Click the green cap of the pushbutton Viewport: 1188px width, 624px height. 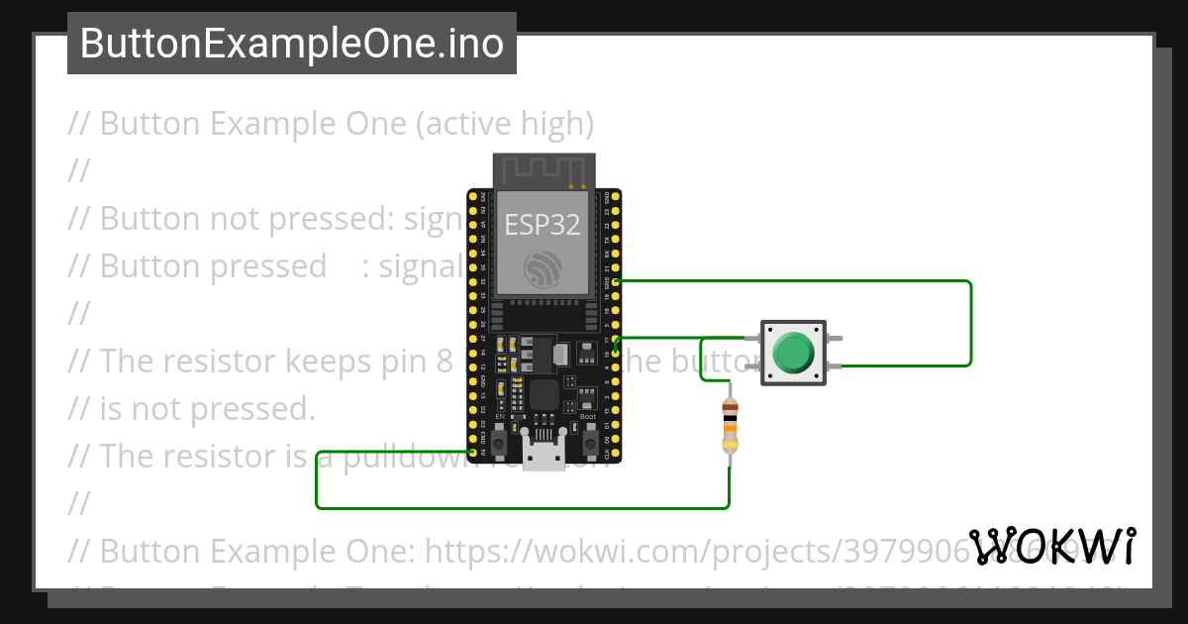tap(792, 352)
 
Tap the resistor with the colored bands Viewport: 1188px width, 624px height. tap(730, 426)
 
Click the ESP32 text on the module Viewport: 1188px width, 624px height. tap(543, 225)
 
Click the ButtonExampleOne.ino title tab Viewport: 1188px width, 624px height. tap(292, 44)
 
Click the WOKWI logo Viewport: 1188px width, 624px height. tap(1052, 547)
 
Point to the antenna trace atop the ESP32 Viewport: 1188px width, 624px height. tap(543, 171)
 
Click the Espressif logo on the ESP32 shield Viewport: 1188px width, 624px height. tap(543, 269)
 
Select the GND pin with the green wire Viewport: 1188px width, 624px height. tap(616, 281)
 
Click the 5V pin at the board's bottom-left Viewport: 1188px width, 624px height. tap(471, 453)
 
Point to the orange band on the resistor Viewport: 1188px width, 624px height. tap(730, 433)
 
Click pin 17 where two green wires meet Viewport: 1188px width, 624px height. tap(616, 339)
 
